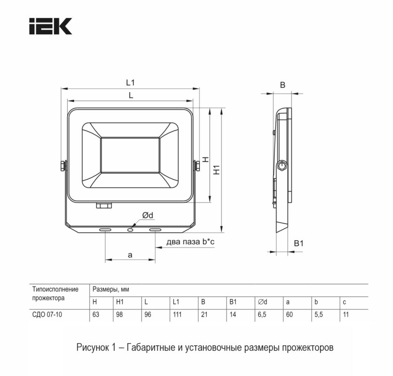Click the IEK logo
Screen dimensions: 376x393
[50, 26]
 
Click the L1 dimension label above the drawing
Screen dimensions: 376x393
[130, 83]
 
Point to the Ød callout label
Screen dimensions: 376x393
[148, 215]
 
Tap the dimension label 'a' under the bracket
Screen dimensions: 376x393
[130, 255]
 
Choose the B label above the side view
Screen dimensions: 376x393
[283, 85]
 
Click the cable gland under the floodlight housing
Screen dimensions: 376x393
[103, 205]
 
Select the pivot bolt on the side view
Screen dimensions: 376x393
[282, 166]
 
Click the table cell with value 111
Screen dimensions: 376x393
[177, 314]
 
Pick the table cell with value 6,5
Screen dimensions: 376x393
[262, 314]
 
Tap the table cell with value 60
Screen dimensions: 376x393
[289, 314]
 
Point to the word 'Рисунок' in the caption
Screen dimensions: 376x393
[92, 348]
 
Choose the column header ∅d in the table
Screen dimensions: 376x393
[262, 302]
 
